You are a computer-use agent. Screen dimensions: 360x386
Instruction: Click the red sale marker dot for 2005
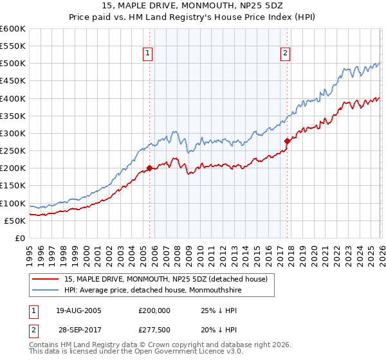[x=149, y=168]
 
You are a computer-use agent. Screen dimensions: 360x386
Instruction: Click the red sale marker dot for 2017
[x=287, y=141]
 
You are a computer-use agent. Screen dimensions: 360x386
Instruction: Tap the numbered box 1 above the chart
[x=148, y=53]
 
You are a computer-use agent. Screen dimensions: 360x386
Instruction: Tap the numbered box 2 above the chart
[x=285, y=53]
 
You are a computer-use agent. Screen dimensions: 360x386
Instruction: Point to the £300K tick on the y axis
[x=13, y=133]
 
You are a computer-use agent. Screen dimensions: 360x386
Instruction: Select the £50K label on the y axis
[x=15, y=221]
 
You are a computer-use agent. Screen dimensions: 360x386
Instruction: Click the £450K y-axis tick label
[x=13, y=81]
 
